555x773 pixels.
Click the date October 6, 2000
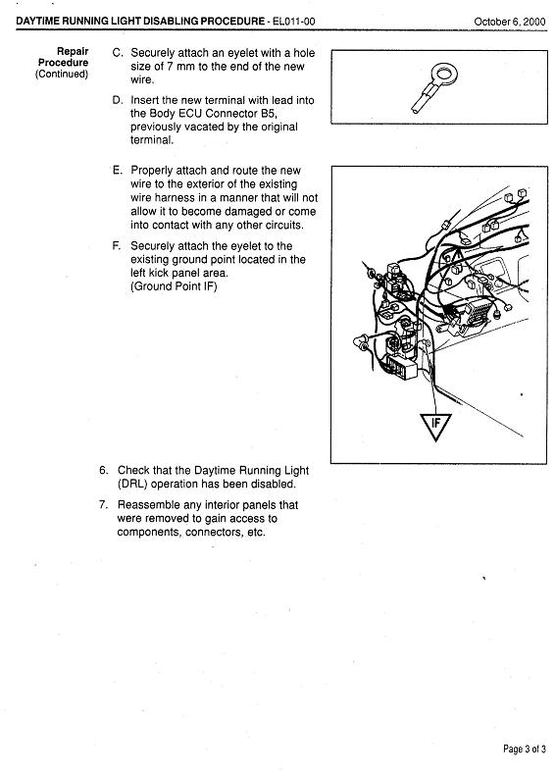pyautogui.click(x=510, y=22)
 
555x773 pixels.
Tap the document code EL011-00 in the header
pyautogui.click(x=293, y=22)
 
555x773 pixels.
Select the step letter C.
pyautogui.click(x=118, y=53)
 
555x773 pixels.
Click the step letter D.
pyautogui.click(x=118, y=100)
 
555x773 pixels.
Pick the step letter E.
pyautogui.click(x=117, y=171)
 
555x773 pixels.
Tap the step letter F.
pyautogui.click(x=117, y=246)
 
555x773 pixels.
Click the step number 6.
pyautogui.click(x=104, y=470)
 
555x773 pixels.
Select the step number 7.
pyautogui.click(x=103, y=505)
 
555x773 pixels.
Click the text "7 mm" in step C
pyautogui.click(x=181, y=67)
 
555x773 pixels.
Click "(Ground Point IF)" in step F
pyautogui.click(x=174, y=286)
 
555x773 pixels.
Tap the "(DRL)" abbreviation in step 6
pyautogui.click(x=132, y=485)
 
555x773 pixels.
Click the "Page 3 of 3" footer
pyautogui.click(x=525, y=749)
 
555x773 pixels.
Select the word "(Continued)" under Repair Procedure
pyautogui.click(x=62, y=74)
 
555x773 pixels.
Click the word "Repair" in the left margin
pyautogui.click(x=73, y=51)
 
